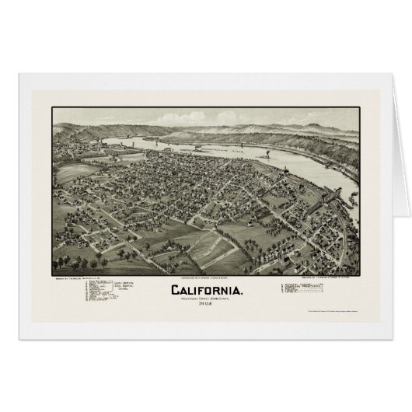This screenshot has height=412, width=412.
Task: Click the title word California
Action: (x=205, y=290)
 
